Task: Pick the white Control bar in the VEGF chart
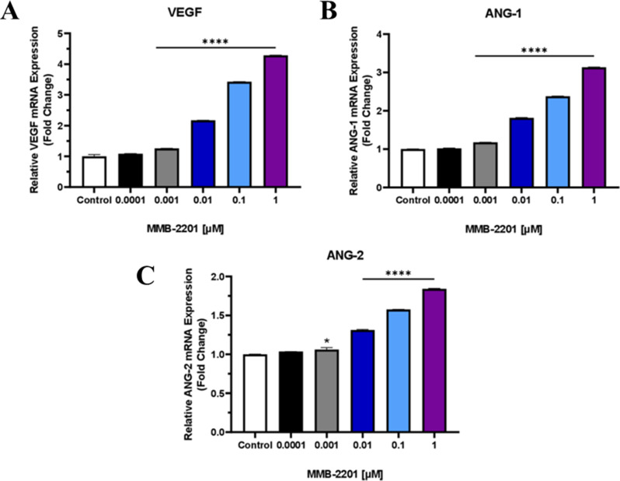click(94, 172)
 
